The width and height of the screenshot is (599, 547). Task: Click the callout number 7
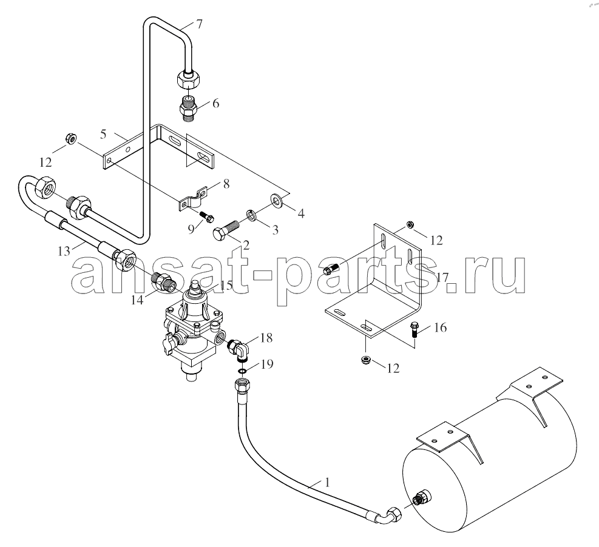tap(199, 24)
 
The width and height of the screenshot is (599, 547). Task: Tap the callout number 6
tap(216, 103)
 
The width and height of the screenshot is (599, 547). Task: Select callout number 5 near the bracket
tap(104, 134)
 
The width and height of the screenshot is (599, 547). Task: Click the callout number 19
tap(267, 364)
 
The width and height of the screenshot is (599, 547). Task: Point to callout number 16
tap(441, 327)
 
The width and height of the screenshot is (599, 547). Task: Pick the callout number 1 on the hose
tap(327, 482)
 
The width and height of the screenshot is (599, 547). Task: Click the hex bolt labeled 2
tap(225, 230)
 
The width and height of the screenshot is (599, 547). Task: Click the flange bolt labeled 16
tap(414, 329)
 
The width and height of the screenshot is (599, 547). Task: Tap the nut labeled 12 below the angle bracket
tap(366, 359)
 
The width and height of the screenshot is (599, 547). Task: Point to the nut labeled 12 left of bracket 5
tap(70, 138)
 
